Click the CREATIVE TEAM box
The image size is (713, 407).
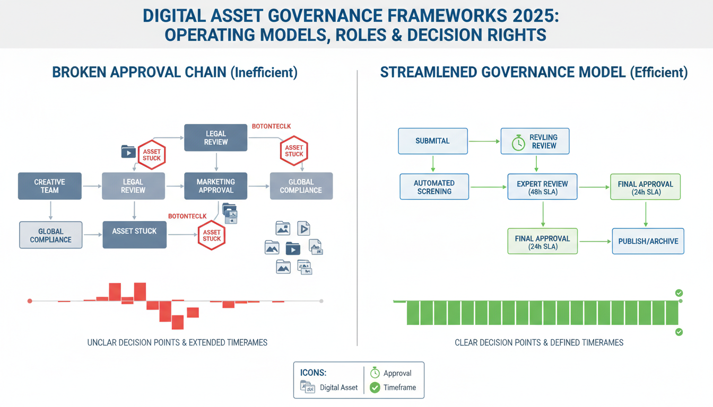coord(50,186)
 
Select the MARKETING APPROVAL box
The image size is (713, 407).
coord(215,186)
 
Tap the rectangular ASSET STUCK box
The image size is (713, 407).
coord(134,232)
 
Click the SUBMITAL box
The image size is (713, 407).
coord(433,141)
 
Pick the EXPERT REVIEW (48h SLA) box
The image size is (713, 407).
coord(542,188)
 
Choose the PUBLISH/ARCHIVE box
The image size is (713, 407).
coord(648,241)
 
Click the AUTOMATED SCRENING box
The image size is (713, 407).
coord(434,187)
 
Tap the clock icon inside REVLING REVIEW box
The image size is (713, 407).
coord(518,142)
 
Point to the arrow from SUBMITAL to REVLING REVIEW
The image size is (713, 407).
coord(484,141)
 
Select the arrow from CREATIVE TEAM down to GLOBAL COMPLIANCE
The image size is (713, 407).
coord(50,210)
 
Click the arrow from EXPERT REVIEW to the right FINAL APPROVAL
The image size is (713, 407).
coord(594,187)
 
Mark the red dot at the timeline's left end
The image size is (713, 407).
coord(30,301)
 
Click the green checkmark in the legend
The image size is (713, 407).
coord(375,387)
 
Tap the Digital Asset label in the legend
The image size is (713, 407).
coord(338,387)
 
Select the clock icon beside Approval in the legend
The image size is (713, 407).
coord(375,373)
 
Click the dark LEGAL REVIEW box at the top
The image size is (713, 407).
coord(216,138)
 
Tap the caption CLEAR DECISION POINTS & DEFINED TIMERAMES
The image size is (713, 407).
coord(539,343)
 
